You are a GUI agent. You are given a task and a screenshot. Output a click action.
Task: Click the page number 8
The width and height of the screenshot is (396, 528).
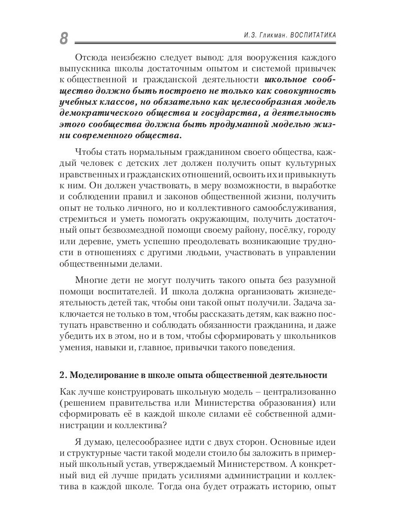click(64, 39)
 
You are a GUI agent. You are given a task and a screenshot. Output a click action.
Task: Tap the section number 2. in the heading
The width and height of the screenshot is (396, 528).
click(63, 375)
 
